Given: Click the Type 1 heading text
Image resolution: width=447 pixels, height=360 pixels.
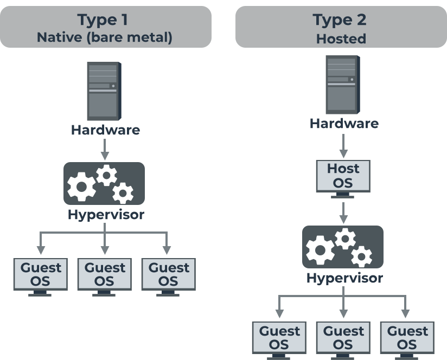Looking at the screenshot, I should (105, 20).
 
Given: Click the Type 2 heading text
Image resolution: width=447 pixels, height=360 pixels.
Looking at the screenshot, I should (340, 20).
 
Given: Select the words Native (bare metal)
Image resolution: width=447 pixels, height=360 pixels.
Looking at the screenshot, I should (105, 38).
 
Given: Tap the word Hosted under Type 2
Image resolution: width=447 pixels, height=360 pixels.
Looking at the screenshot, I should (341, 39).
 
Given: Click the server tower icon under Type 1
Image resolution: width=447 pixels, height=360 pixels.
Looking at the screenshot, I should (103, 91).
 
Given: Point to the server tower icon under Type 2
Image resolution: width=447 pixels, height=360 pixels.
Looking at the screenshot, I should (343, 84).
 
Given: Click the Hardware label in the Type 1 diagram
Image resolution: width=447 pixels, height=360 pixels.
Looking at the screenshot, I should (105, 130).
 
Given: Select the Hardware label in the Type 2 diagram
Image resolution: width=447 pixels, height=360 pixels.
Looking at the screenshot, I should (344, 124).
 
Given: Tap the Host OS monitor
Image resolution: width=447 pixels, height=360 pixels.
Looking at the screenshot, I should (343, 176).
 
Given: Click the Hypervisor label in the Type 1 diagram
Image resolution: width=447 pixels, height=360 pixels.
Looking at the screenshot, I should (106, 215).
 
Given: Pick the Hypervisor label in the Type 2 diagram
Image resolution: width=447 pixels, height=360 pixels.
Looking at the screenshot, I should (344, 279).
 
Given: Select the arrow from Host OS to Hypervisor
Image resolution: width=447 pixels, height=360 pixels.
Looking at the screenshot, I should (343, 212).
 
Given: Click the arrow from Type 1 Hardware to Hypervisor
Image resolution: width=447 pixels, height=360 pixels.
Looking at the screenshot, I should (105, 149).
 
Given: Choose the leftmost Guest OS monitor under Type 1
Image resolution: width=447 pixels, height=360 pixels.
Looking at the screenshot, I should (41, 275).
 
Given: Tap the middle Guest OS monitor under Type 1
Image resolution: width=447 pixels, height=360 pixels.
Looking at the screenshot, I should (104, 275).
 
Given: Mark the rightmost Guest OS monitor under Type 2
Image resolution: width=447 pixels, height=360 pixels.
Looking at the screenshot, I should (407, 338).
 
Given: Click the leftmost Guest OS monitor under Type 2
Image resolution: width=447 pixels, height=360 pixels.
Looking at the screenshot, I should (279, 338).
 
